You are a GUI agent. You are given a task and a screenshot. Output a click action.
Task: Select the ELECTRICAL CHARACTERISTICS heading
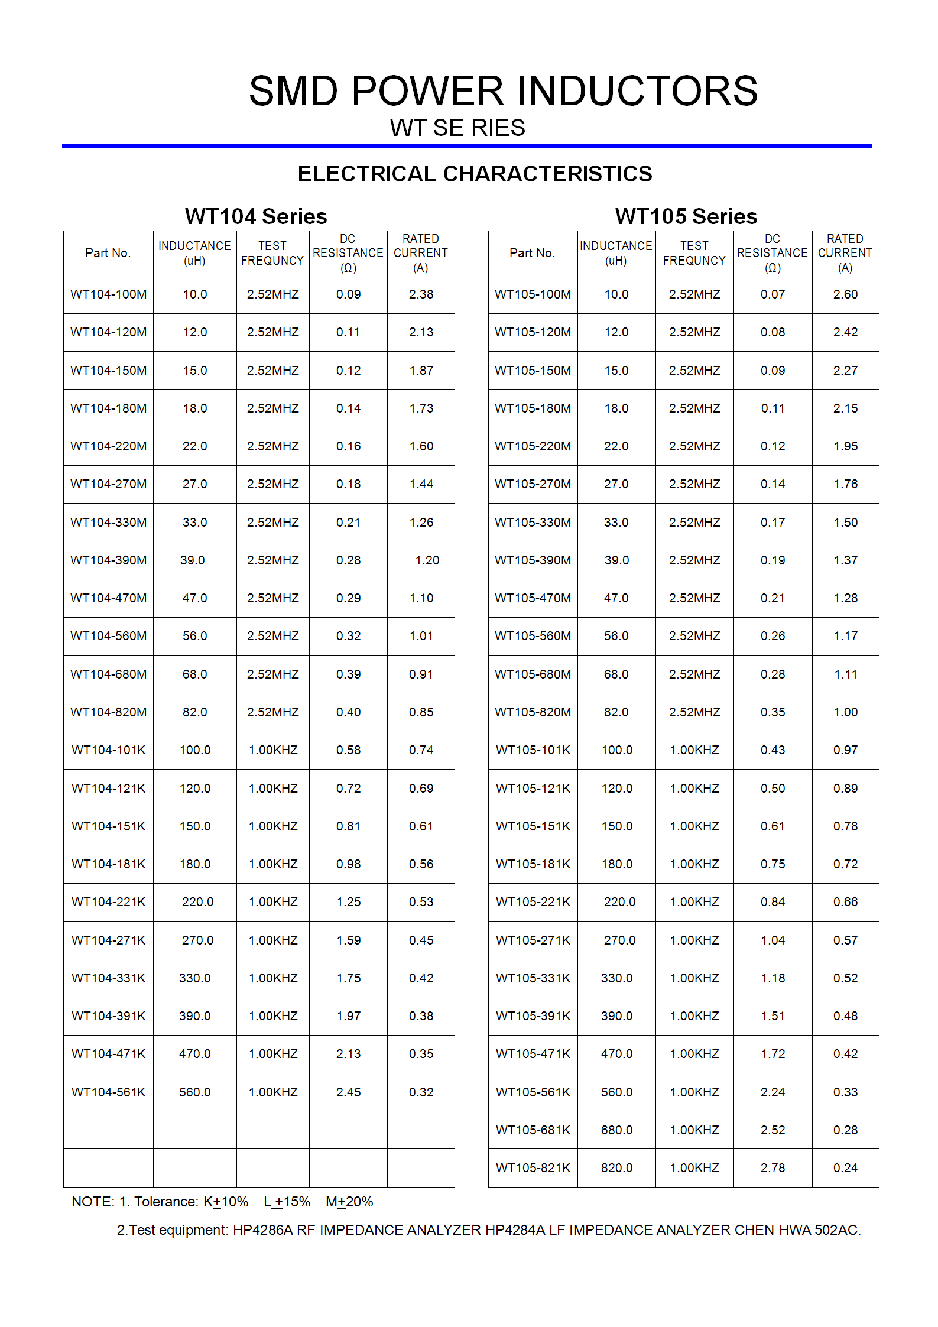click(x=475, y=174)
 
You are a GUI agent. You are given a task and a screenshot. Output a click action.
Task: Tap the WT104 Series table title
click(x=256, y=216)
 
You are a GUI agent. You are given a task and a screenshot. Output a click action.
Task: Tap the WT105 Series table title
click(x=686, y=216)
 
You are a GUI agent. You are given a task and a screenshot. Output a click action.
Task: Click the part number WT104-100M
click(x=108, y=294)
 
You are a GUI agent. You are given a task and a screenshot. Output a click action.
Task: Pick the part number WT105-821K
click(x=533, y=1168)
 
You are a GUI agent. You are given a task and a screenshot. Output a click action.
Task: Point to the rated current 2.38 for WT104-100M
click(x=421, y=294)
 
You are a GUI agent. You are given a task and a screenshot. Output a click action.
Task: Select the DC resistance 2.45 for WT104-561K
click(x=348, y=1092)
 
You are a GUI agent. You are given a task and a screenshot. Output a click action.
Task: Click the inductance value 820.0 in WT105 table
click(x=616, y=1168)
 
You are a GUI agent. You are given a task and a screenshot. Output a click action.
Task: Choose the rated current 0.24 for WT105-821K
click(x=845, y=1168)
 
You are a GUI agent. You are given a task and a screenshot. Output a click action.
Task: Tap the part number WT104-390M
click(x=108, y=560)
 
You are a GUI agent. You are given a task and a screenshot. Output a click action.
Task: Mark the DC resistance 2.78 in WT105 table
click(x=773, y=1168)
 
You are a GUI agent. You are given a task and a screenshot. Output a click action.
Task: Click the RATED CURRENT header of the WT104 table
click(x=420, y=253)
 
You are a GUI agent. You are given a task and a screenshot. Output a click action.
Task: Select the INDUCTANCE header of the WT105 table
click(x=616, y=253)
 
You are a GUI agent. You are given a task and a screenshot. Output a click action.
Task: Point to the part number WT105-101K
click(x=533, y=750)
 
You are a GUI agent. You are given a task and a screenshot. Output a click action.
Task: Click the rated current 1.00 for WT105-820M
click(x=845, y=712)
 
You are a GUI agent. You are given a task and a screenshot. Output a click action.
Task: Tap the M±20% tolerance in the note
click(x=349, y=1202)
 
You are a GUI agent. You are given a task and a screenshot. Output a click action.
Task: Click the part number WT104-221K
click(x=108, y=902)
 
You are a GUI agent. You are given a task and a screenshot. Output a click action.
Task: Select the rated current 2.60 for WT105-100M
click(x=845, y=294)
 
